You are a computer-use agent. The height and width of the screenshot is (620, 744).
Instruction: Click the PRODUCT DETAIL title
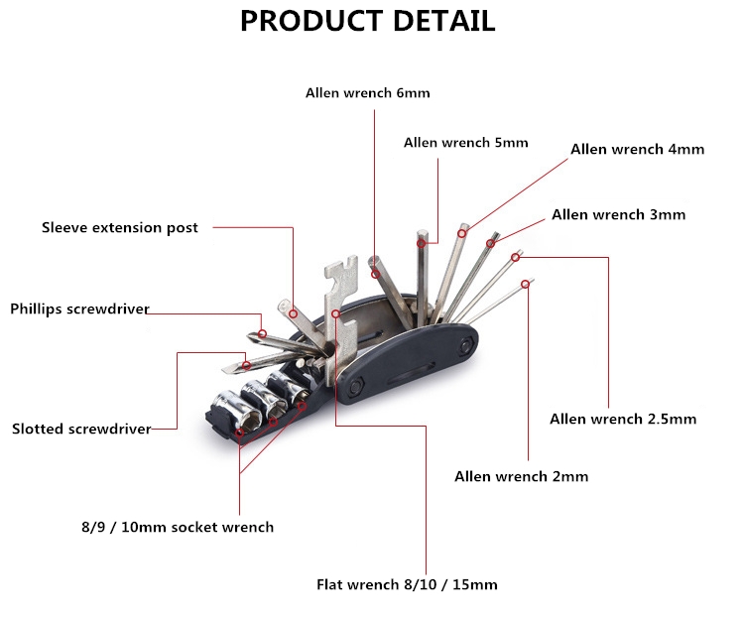(x=367, y=21)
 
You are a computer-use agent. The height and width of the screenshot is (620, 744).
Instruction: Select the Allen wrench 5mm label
(x=465, y=143)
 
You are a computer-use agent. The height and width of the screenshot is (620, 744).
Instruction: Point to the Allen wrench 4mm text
(x=637, y=150)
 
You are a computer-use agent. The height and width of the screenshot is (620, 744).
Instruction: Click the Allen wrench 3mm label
(x=618, y=214)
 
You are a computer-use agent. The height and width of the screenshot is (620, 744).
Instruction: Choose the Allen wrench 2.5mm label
(x=623, y=419)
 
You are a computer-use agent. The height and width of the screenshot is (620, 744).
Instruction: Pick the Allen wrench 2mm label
(x=521, y=476)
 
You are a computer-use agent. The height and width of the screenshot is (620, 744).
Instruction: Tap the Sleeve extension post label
(x=119, y=228)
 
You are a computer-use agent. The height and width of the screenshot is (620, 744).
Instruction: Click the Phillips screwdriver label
(x=79, y=309)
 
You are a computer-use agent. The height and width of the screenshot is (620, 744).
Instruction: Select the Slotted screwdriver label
(x=81, y=430)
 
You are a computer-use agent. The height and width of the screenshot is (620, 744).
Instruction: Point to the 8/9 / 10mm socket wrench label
(x=177, y=527)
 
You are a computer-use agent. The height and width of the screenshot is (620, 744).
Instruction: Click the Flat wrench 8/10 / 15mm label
(x=407, y=584)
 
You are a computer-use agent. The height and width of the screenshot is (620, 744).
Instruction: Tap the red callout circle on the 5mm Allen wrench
(x=422, y=242)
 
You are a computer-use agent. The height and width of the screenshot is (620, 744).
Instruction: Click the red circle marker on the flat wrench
(x=336, y=314)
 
